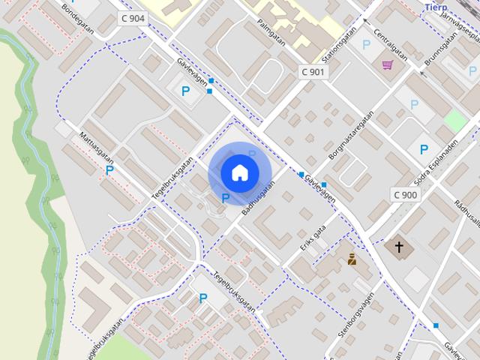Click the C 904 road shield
tap(133, 18)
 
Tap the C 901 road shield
tap(313, 72)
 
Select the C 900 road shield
tap(405, 195)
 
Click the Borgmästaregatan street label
tap(351, 138)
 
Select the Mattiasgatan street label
tap(97, 146)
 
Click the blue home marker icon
tap(239, 173)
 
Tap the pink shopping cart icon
tap(388, 65)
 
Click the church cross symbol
tap(399, 246)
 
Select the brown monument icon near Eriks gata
tap(352, 259)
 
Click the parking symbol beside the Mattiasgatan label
tap(109, 170)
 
